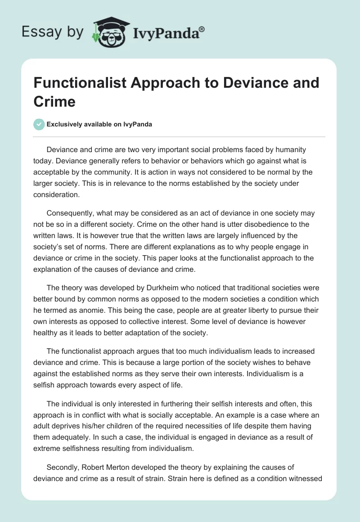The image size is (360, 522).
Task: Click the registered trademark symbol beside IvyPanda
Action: tap(202, 29)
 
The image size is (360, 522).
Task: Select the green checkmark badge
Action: tap(39, 124)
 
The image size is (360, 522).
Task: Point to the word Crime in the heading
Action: tap(54, 101)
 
